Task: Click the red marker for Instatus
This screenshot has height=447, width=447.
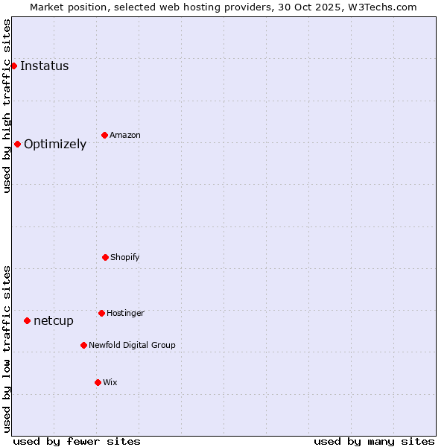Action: tap(13, 66)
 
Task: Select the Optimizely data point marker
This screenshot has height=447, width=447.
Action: tap(17, 144)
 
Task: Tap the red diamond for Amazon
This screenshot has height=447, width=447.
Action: tap(104, 135)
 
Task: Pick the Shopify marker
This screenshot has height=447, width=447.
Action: tap(105, 257)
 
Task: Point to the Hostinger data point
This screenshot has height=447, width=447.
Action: tap(101, 313)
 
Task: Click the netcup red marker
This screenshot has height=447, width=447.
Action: tap(27, 320)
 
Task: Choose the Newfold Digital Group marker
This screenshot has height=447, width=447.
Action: tap(83, 345)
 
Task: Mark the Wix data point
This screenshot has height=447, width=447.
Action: tap(98, 382)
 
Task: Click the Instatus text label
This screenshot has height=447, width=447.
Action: tap(44, 66)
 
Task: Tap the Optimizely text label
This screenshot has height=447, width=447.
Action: tap(55, 144)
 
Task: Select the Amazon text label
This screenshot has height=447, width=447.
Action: tap(125, 135)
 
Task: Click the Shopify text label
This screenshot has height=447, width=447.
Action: tap(125, 257)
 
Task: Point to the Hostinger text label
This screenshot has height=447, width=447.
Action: tap(125, 313)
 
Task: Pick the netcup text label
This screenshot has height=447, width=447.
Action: tap(54, 320)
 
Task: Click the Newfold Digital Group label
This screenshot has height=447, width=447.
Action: tap(132, 345)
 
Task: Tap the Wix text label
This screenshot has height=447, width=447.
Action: tap(110, 382)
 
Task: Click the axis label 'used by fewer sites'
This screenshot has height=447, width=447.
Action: tap(77, 441)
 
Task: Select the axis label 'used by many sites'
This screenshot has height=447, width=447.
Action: tap(374, 441)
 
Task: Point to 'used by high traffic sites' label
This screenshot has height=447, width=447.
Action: tap(7, 106)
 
